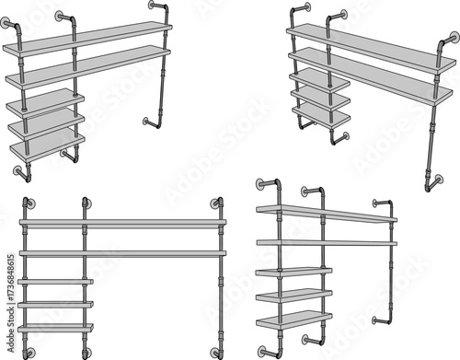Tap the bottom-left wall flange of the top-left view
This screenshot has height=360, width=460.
click(19, 170)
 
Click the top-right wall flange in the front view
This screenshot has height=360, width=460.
click(217, 203)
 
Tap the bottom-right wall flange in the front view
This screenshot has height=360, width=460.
click(217, 352)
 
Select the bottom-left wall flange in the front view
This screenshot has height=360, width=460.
click(29, 352)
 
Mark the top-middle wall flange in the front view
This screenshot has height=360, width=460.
click(85, 203)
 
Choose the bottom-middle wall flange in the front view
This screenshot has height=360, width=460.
click(85, 352)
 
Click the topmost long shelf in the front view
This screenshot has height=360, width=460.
click(122, 223)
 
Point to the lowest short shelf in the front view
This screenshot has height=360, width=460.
click(55, 328)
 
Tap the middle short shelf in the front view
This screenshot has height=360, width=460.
click(55, 304)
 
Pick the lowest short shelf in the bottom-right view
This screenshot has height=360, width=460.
click(293, 319)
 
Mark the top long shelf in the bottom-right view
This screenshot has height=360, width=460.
click(327, 214)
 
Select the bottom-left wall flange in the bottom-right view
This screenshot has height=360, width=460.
click(264, 350)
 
